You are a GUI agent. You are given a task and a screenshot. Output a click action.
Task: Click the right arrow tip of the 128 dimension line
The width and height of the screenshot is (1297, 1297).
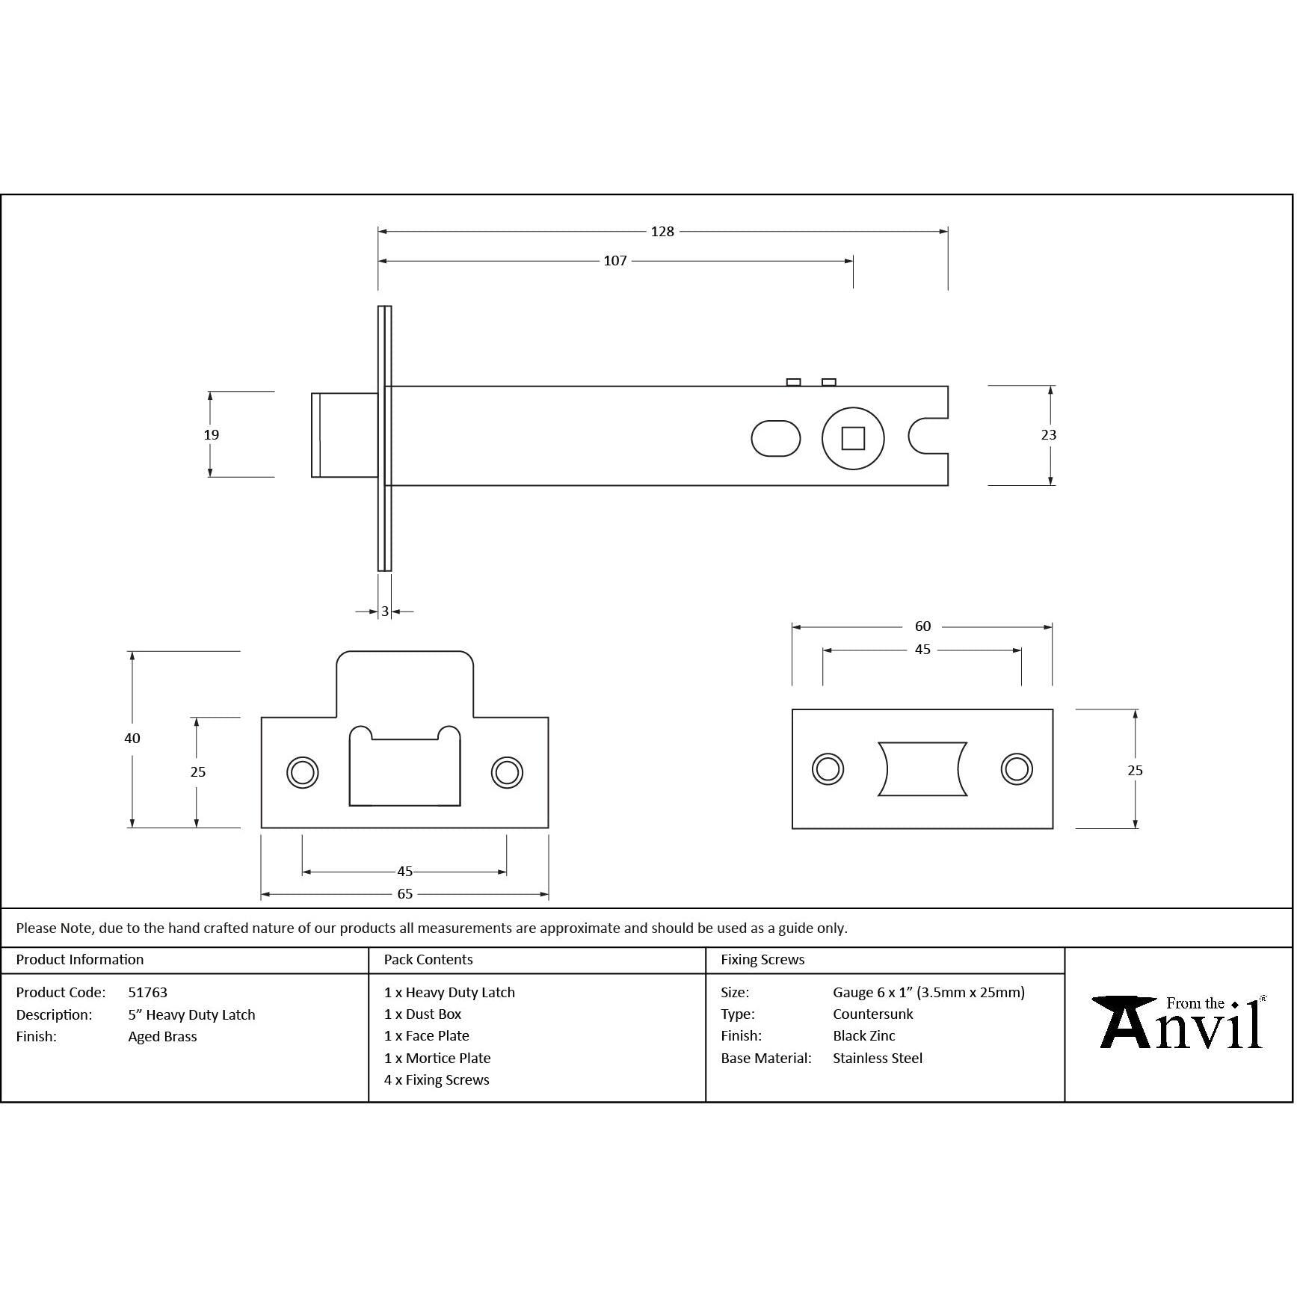pyautogui.click(x=948, y=232)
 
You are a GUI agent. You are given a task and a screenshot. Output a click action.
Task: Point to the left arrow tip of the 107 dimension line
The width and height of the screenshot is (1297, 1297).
pyautogui.click(x=378, y=261)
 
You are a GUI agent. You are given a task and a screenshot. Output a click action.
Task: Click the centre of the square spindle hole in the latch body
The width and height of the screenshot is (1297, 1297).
pyautogui.click(x=853, y=438)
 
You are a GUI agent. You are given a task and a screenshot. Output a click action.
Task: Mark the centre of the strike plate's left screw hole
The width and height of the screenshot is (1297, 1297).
pyautogui.click(x=303, y=772)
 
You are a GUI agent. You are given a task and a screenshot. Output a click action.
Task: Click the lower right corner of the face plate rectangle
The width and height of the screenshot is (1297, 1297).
pyautogui.click(x=1053, y=828)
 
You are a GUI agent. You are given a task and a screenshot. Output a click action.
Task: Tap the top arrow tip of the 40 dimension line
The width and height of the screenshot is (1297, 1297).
pyautogui.click(x=132, y=652)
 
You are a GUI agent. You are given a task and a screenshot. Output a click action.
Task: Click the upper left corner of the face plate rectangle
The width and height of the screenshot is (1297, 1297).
pyautogui.click(x=792, y=709)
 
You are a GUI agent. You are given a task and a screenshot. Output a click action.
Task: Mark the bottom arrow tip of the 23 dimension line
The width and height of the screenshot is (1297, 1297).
pyautogui.click(x=1051, y=485)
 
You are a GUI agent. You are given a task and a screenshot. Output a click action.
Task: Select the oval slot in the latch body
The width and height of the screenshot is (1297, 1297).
pyautogui.click(x=776, y=438)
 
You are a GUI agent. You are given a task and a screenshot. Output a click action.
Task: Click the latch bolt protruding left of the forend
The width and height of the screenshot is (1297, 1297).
pyautogui.click(x=345, y=435)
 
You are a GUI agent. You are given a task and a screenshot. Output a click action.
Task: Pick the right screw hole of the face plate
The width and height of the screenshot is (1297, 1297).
pyautogui.click(x=1017, y=769)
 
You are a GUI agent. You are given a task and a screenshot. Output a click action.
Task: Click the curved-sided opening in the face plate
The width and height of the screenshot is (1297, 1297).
pyautogui.click(x=922, y=769)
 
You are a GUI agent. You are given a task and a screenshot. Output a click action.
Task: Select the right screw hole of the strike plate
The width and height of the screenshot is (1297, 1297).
pyautogui.click(x=507, y=772)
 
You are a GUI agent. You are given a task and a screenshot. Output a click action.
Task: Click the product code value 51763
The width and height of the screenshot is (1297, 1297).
pyautogui.click(x=148, y=993)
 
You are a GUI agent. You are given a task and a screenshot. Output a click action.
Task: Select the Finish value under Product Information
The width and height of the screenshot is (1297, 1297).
pyautogui.click(x=162, y=1037)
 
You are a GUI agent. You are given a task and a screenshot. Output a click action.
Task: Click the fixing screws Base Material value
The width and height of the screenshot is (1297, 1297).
pyautogui.click(x=878, y=1059)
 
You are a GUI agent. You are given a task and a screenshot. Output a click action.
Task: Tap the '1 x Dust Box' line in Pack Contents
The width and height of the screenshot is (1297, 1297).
pyautogui.click(x=422, y=1014)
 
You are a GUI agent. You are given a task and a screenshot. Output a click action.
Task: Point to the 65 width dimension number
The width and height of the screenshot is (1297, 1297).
pyautogui.click(x=405, y=894)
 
